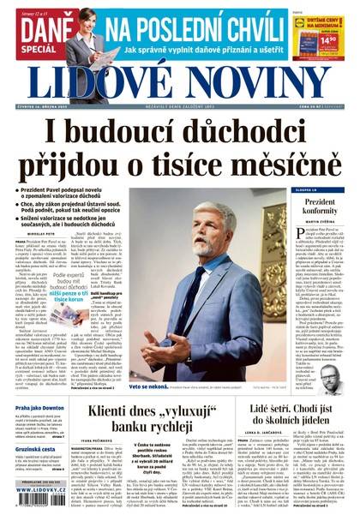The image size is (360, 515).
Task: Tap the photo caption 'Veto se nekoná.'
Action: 147,386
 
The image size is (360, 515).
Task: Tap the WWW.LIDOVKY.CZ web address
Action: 38,500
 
